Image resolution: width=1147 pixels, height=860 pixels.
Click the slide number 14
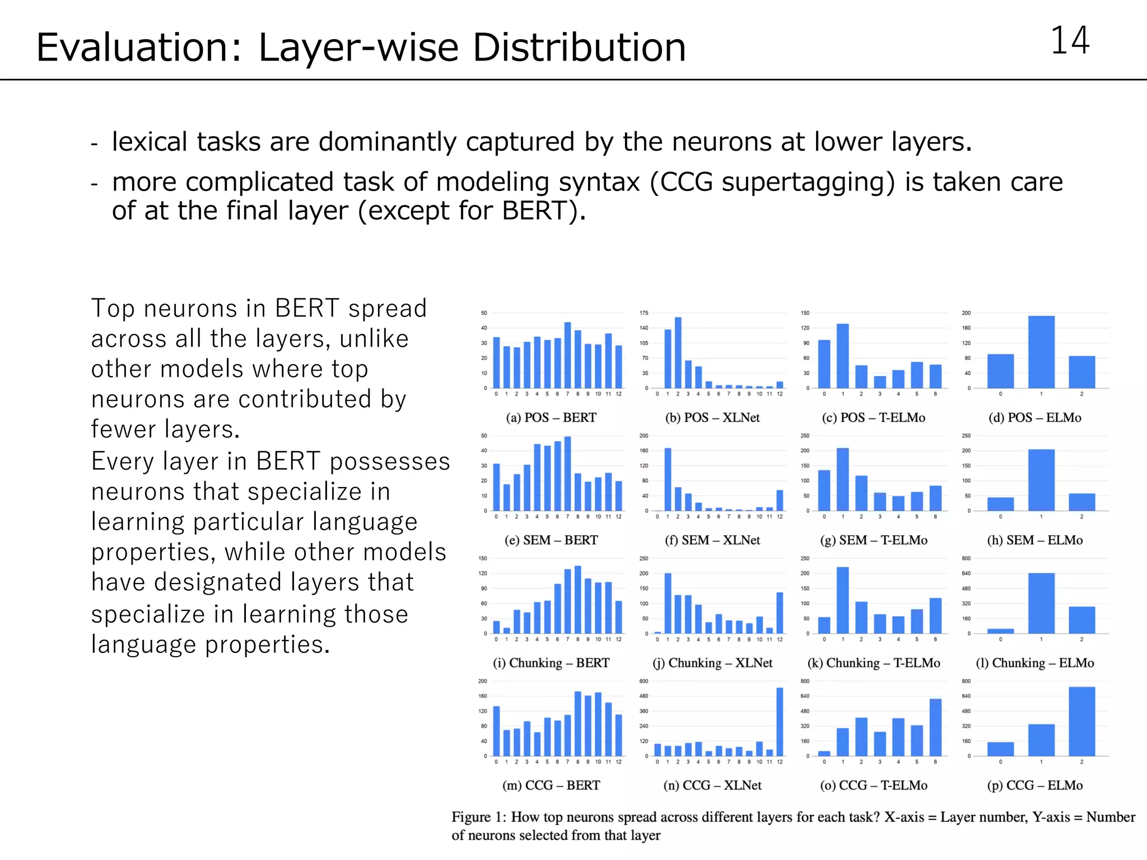click(1069, 41)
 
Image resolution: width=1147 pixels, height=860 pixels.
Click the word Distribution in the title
click(579, 47)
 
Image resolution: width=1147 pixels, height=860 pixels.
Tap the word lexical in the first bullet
click(149, 141)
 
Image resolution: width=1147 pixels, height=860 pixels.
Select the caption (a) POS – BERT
click(551, 418)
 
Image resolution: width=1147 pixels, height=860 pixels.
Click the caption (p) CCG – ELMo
click(1034, 785)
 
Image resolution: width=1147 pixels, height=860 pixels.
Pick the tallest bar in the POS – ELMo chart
click(1041, 352)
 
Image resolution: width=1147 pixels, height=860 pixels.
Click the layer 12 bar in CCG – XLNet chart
click(780, 722)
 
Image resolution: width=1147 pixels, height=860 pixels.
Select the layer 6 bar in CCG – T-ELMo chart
click(935, 727)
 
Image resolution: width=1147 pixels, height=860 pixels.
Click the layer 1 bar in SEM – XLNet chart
click(668, 479)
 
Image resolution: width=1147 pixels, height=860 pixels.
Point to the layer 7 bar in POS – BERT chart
click(567, 355)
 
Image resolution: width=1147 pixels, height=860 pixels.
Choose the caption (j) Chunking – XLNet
click(712, 663)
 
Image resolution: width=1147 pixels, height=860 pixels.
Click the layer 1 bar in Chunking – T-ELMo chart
click(842, 600)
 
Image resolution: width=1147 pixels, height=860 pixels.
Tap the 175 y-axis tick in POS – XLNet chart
click(644, 313)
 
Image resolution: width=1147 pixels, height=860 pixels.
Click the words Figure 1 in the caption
click(478, 817)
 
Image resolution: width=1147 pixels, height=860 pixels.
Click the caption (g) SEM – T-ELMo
click(874, 540)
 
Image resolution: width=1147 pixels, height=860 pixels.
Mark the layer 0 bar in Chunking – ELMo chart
click(1000, 631)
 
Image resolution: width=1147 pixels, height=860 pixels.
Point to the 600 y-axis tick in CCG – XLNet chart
click(644, 681)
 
